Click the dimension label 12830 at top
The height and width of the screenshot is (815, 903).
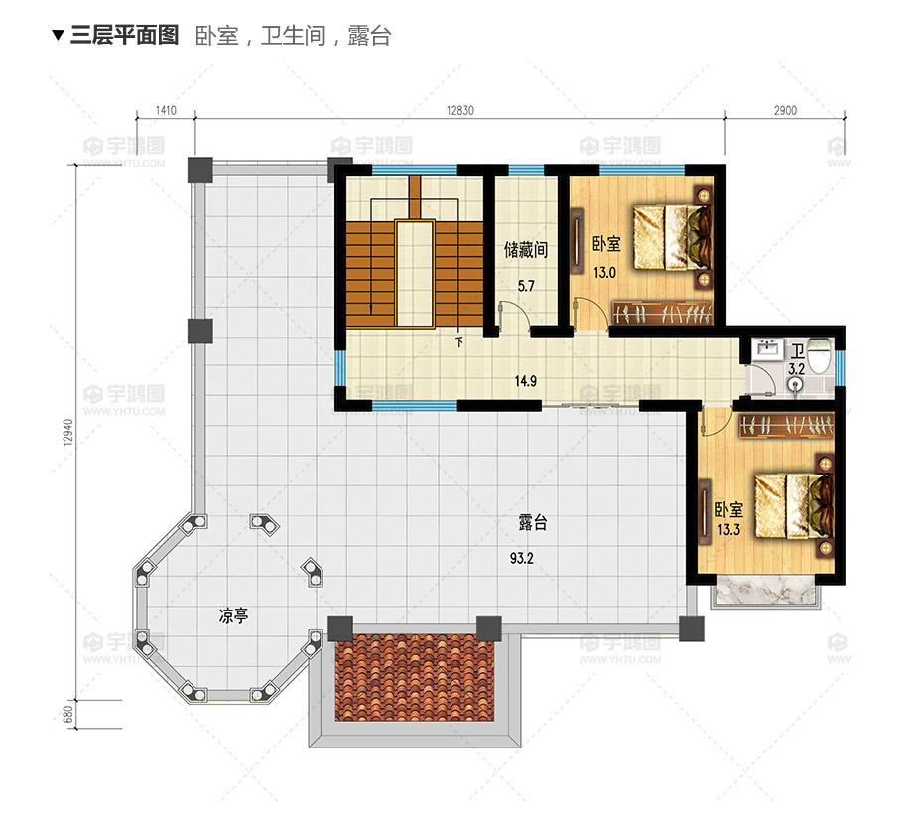tap(460, 110)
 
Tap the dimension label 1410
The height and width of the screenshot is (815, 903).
tap(166, 110)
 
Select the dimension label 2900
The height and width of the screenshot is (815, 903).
tap(785, 110)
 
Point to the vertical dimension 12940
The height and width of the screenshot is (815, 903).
tap(68, 432)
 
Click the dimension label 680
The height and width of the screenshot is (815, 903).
tap(68, 715)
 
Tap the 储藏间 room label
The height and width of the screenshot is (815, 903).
tap(525, 250)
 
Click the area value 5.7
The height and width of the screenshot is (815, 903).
tap(526, 286)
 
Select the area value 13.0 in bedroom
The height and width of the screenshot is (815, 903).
tap(604, 272)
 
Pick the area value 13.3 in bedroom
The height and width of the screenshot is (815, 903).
tap(728, 529)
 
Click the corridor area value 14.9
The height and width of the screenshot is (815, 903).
tap(525, 381)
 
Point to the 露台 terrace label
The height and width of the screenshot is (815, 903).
tap(533, 522)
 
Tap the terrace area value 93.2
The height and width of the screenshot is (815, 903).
tap(522, 558)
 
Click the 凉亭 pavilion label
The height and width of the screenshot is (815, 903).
tap(233, 615)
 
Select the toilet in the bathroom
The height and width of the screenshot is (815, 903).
tap(820, 357)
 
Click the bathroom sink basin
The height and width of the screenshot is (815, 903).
tap(767, 349)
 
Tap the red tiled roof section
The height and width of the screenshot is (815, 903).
tap(415, 677)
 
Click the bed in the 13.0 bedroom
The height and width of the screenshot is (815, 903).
tap(673, 238)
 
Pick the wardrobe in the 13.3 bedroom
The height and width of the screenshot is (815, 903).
tap(786, 426)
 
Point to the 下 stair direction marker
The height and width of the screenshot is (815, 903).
tap(459, 342)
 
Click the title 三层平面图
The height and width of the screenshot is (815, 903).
tap(124, 35)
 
